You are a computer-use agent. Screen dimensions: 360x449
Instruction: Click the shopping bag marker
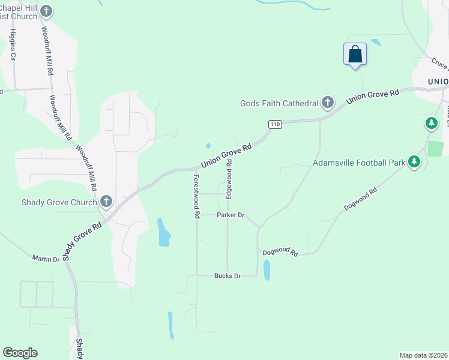coord(355,54)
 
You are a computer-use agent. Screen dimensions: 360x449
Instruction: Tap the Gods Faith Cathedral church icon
coord(328,103)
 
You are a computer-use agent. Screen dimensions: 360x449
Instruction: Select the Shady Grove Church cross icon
coord(106,202)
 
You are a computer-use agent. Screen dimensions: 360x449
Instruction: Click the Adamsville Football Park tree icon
coord(414,161)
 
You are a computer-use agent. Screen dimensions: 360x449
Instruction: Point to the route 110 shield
coord(274,124)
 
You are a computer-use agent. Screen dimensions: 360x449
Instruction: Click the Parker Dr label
coord(231,215)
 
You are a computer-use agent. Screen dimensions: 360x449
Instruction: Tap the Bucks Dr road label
coord(227,276)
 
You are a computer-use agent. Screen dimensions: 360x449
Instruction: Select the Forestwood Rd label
coord(196,196)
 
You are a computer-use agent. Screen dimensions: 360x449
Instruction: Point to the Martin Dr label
coord(46,259)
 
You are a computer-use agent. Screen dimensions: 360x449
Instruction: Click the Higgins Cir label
coord(13,44)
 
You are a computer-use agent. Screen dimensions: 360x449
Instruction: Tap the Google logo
coord(20,353)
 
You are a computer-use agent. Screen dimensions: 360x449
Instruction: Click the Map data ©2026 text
coord(423,355)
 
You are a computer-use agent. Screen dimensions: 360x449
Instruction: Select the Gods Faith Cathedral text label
coord(279,103)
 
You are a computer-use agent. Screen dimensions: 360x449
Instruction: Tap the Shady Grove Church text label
coord(59,202)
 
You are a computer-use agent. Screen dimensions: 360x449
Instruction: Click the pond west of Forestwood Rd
coord(163,233)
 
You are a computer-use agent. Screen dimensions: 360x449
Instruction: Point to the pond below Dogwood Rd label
coord(267,270)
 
